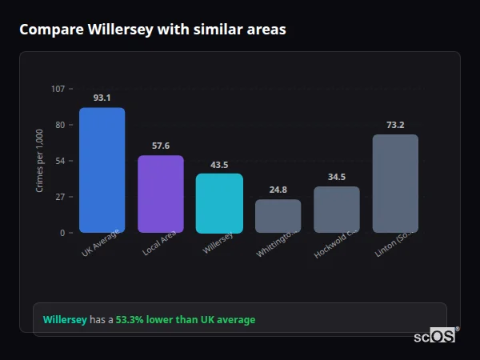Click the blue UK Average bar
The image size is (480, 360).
[102, 170]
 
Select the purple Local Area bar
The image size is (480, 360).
[160, 194]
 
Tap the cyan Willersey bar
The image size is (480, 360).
[219, 203]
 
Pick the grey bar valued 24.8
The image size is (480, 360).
[278, 216]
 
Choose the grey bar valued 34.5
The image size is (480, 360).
[336, 210]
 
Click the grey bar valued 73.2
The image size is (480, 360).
[395, 183]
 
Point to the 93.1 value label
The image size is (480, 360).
[102, 98]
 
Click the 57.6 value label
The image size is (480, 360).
[160, 146]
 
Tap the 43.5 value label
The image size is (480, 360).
[219, 165]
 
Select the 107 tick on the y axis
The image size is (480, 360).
[58, 89]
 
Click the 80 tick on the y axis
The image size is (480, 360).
[60, 125]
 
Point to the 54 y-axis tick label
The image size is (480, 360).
[60, 161]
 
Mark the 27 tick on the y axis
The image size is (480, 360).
[60, 197]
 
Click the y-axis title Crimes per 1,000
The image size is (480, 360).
[39, 160]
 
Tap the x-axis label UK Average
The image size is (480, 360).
[101, 244]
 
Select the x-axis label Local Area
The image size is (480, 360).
[160, 244]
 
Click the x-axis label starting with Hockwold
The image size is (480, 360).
[337, 244]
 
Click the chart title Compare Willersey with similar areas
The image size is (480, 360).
[153, 30]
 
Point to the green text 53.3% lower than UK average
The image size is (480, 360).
[186, 320]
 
